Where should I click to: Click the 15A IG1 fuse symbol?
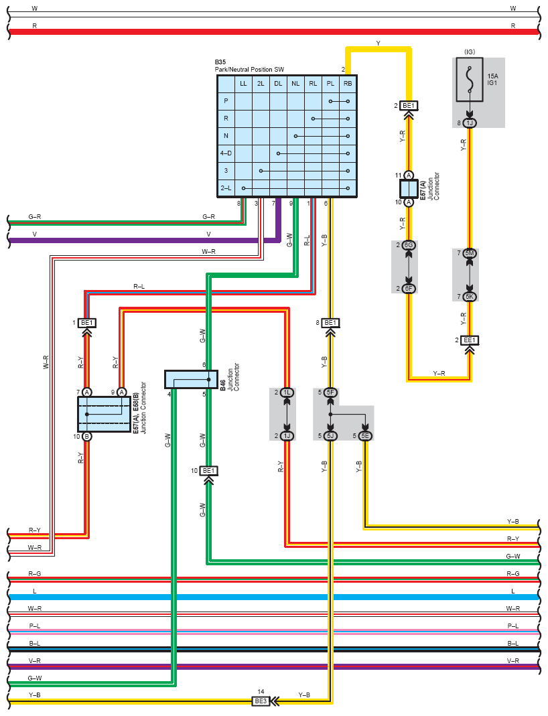click(x=470, y=79)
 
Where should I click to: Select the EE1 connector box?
click(x=470, y=340)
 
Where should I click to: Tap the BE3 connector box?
click(x=261, y=701)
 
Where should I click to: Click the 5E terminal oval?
click(x=365, y=435)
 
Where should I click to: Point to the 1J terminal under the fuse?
click(x=470, y=123)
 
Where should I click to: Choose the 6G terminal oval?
click(x=408, y=245)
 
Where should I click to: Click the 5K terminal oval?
click(x=470, y=297)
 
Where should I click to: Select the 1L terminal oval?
click(x=287, y=392)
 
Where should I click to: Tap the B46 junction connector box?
click(x=191, y=380)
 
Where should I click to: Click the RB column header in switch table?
click(x=348, y=84)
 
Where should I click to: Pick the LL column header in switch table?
click(x=243, y=84)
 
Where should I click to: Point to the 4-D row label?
click(x=226, y=153)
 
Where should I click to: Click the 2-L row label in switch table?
click(x=226, y=188)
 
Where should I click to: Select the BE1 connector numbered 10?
click(x=208, y=471)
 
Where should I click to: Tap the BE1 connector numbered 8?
click(x=330, y=323)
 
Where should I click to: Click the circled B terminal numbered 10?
click(x=86, y=436)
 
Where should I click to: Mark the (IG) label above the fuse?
click(x=470, y=52)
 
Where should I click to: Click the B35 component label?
click(x=220, y=62)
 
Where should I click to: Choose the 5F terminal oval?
click(x=330, y=392)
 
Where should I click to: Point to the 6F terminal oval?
click(x=408, y=288)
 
